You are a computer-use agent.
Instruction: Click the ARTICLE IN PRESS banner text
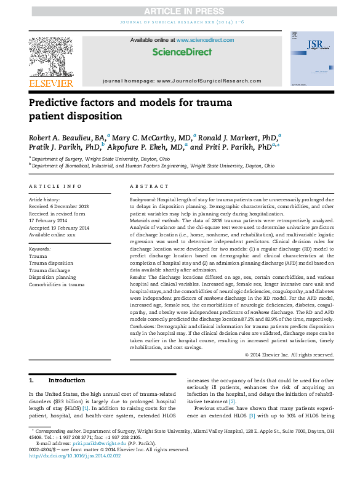point(179,11)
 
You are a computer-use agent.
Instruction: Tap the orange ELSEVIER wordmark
point(51,83)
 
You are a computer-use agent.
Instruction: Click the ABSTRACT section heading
point(150,185)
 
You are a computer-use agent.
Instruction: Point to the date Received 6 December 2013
point(59,207)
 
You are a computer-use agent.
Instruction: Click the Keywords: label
point(40,249)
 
